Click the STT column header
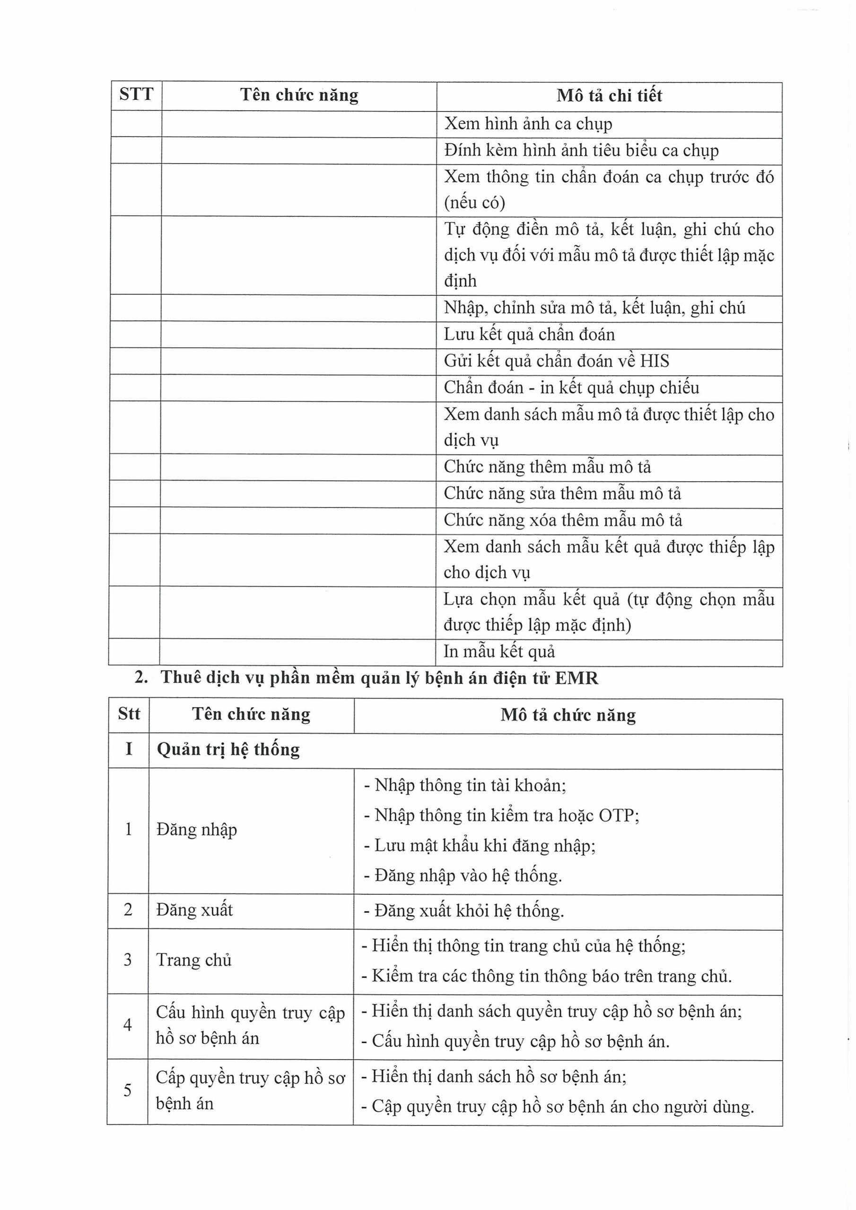[136, 95]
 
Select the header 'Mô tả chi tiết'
[609, 96]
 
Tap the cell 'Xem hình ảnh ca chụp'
[528, 124]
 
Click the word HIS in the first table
[654, 361]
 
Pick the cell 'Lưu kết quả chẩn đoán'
[529, 335]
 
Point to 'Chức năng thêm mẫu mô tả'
[547, 467]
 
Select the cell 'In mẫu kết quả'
[499, 652]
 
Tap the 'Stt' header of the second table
[129, 714]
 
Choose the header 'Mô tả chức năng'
[568, 715]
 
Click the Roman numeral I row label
[129, 750]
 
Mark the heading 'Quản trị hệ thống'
[228, 750]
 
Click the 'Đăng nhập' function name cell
[197, 830]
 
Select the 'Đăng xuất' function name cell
[195, 910]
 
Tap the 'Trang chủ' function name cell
[194, 960]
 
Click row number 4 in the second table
[128, 1025]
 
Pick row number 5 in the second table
[127, 1090]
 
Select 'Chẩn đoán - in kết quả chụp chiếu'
[571, 388]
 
